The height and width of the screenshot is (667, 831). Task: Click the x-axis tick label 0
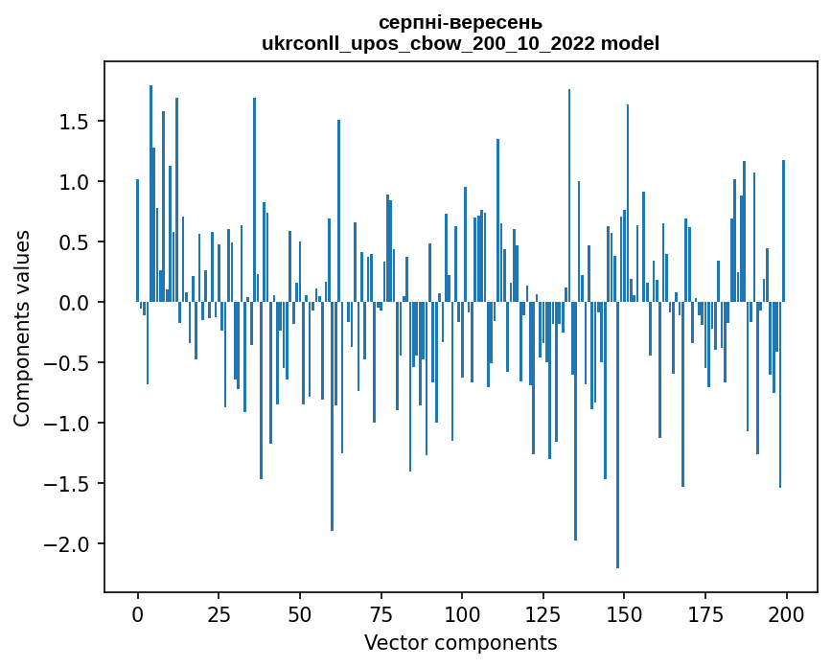tap(137, 613)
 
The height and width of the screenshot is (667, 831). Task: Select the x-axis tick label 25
tap(219, 613)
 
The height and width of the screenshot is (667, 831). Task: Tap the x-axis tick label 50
tap(299, 613)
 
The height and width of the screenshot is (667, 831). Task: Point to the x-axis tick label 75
tap(381, 613)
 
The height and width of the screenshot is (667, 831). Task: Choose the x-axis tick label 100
tap(462, 613)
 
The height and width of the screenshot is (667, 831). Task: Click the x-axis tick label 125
tap(542, 613)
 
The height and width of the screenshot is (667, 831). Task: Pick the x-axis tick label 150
tap(624, 613)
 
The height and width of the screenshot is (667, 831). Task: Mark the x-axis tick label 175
tap(704, 613)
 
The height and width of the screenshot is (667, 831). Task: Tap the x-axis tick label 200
tap(786, 613)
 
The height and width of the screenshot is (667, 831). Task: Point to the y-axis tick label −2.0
tap(68, 544)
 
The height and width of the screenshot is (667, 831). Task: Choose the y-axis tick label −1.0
tap(68, 424)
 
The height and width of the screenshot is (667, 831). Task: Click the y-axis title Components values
tap(22, 328)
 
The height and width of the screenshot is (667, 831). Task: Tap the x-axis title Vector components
tap(460, 642)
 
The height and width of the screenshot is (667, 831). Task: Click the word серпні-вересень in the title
tap(460, 22)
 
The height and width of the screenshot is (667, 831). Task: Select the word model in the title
tap(630, 43)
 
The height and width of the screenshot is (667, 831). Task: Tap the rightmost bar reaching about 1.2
tap(783, 231)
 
